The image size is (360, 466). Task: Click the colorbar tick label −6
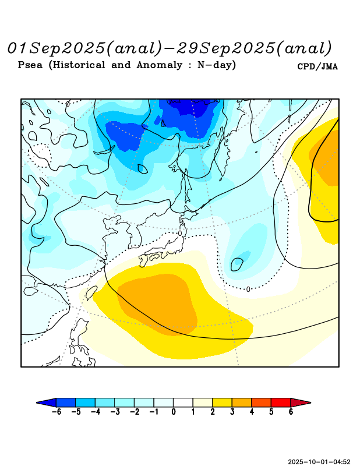(56, 412)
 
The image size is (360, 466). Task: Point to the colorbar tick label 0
(173, 412)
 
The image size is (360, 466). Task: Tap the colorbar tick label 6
(291, 412)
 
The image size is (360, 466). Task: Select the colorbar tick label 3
(232, 412)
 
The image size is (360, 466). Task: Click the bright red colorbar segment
(281, 402)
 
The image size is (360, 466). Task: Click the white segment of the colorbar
(183, 402)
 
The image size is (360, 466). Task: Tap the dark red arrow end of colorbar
(301, 402)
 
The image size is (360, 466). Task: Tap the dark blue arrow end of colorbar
(47, 402)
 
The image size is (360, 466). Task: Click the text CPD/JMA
(317, 66)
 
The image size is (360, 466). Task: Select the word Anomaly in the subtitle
(162, 65)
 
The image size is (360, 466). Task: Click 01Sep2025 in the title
(57, 47)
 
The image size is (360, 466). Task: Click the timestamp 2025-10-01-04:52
(319, 461)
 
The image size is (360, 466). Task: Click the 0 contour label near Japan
(180, 233)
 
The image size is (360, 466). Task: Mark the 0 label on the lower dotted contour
(248, 289)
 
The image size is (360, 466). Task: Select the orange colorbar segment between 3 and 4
(242, 402)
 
